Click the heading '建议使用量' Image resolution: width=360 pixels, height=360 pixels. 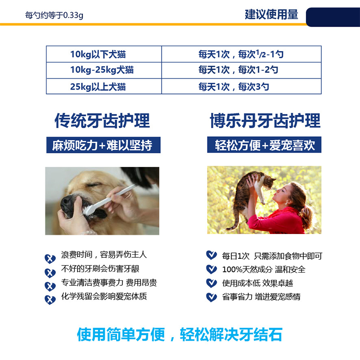[271, 14]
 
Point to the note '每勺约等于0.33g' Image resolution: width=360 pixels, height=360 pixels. [54, 15]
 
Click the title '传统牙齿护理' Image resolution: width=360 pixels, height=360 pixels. [102, 120]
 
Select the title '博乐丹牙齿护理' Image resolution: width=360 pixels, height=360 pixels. [265, 120]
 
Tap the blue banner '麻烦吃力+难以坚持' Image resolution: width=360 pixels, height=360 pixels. [103, 145]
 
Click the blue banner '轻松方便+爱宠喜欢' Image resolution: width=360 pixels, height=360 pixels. [264, 144]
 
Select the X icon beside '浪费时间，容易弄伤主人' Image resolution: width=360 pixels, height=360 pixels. [50, 259]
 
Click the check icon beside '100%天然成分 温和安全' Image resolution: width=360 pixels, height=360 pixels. [211, 269]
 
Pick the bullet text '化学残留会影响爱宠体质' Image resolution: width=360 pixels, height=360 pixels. [104, 296]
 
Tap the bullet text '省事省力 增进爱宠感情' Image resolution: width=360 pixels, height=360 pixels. [261, 297]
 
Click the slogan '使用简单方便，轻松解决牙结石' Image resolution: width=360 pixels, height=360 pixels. [180, 334]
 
